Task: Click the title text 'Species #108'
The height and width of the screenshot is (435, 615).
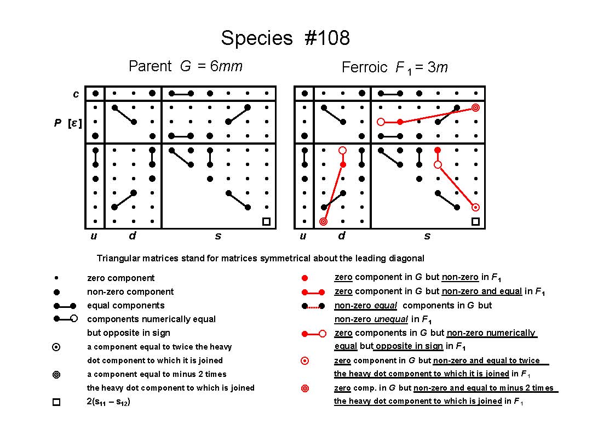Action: tap(285, 38)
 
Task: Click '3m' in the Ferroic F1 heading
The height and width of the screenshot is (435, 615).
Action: tap(438, 67)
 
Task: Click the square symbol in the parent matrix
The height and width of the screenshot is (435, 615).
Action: tap(266, 222)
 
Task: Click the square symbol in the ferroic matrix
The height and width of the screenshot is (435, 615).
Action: tap(475, 222)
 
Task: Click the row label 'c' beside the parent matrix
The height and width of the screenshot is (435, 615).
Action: tap(76, 94)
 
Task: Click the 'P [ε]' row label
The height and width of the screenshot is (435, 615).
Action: tap(68, 123)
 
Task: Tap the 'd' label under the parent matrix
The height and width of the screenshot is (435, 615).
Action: tap(133, 236)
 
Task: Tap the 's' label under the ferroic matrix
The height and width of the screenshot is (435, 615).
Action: tap(427, 236)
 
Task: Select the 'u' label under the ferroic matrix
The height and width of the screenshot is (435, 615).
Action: tap(303, 236)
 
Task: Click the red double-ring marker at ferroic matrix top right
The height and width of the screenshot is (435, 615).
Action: tap(475, 107)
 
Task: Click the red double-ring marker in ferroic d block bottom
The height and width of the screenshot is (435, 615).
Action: tap(323, 222)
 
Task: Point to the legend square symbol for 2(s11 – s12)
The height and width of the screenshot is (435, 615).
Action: tap(56, 402)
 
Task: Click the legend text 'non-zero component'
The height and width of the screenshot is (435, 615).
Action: tap(130, 292)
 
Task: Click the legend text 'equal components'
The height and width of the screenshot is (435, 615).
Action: tap(126, 306)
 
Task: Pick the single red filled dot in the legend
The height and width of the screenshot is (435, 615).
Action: tap(304, 278)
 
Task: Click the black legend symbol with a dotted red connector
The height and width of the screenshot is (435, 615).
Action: tap(313, 306)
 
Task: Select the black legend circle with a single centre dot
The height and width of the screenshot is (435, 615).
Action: tap(56, 347)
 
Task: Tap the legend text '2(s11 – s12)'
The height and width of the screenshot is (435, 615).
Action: tap(108, 402)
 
